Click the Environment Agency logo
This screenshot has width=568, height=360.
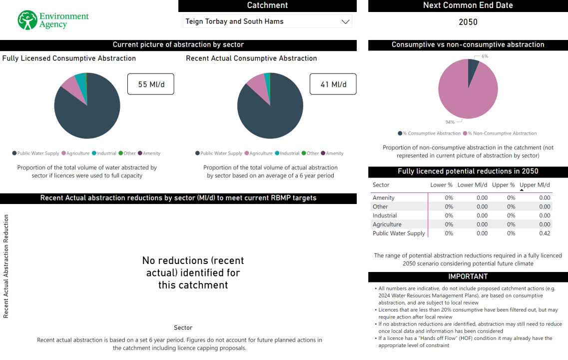pyautogui.click(x=53, y=20)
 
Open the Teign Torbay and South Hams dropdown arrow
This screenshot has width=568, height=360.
pyautogui.click(x=345, y=21)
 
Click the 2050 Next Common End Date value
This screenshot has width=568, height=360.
pyautogui.click(x=468, y=22)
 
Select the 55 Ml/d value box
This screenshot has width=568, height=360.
pyautogui.click(x=150, y=84)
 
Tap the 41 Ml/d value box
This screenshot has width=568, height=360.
pyautogui.click(x=333, y=84)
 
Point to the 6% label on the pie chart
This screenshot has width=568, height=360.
pyautogui.click(x=485, y=56)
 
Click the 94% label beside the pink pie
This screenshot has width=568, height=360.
pyautogui.click(x=450, y=122)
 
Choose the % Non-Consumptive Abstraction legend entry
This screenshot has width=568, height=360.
pyautogui.click(x=502, y=133)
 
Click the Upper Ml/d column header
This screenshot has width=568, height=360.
pyautogui.click(x=535, y=185)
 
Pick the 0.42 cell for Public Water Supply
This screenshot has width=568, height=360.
pyautogui.click(x=545, y=233)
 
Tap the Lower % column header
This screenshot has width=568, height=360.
pyautogui.click(x=441, y=185)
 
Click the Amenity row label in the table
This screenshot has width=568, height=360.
pyautogui.click(x=383, y=197)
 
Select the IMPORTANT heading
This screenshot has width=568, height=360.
pyautogui.click(x=468, y=276)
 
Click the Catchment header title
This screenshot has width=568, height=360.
pyautogui.click(x=267, y=5)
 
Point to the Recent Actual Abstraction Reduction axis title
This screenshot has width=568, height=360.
pyautogui.click(x=6, y=266)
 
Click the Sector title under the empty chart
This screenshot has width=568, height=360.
pyautogui.click(x=183, y=327)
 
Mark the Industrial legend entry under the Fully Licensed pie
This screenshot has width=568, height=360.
pyautogui.click(x=106, y=153)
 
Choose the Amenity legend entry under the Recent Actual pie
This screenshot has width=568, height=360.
pyautogui.click(x=334, y=153)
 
